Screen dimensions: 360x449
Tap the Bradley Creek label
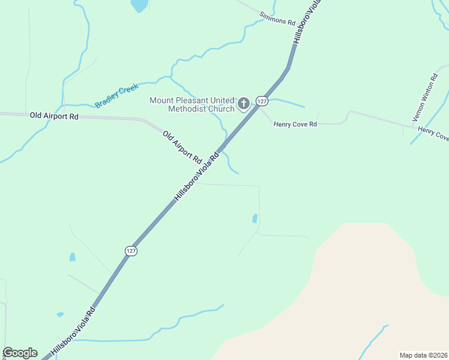116,96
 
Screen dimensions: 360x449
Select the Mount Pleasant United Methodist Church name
191,104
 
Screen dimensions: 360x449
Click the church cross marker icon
244,104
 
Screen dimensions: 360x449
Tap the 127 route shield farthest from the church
131,250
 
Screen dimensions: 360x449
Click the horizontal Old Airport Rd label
55,115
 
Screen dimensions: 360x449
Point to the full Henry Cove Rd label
295,124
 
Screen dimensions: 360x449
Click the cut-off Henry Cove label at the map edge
433,134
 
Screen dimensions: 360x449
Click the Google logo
20,353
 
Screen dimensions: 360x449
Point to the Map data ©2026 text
423,355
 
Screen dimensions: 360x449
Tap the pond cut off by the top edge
139,5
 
